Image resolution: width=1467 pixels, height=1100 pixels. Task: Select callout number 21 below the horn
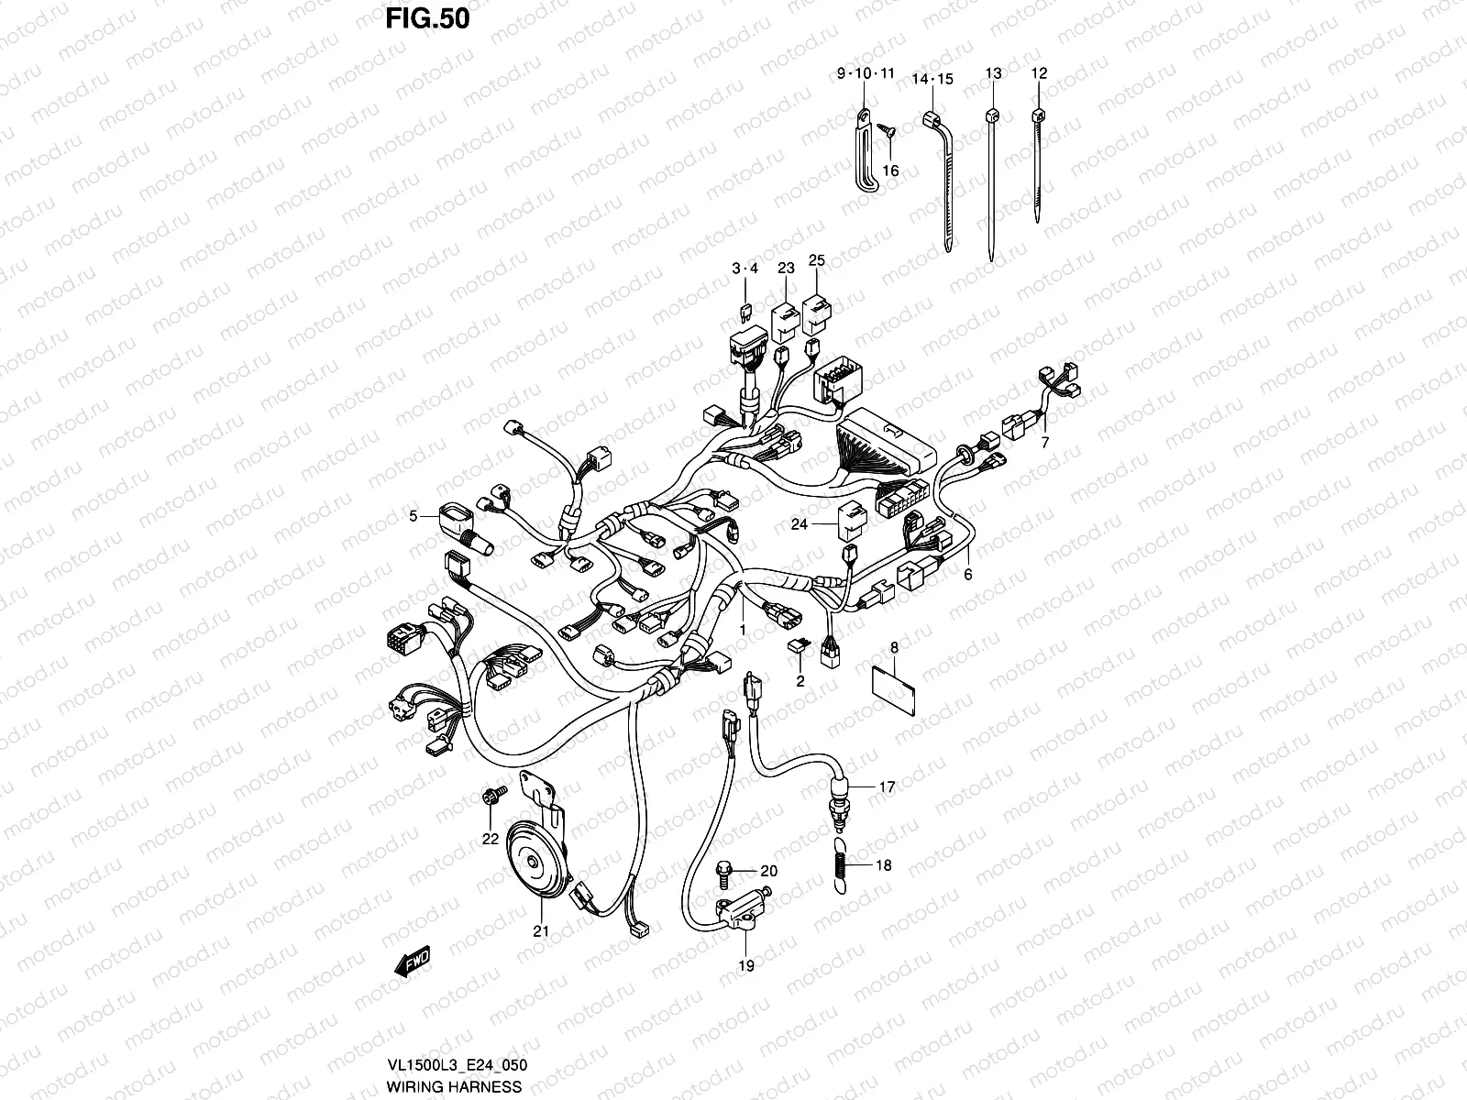coord(541,931)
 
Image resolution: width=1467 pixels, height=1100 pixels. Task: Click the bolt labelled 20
coord(724,866)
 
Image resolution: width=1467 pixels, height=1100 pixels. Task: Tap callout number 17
coord(887,786)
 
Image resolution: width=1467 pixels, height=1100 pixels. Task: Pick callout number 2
coord(800,681)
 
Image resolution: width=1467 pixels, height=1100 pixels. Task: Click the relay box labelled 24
coord(850,519)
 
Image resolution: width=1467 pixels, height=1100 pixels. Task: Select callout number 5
coord(414,516)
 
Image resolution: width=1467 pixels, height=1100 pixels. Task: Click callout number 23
coord(786,268)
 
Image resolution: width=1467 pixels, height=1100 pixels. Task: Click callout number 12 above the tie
coord(1038,72)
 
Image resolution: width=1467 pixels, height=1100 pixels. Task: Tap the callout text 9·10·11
coord(865,73)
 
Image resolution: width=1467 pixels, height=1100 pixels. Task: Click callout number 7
coord(1044,442)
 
